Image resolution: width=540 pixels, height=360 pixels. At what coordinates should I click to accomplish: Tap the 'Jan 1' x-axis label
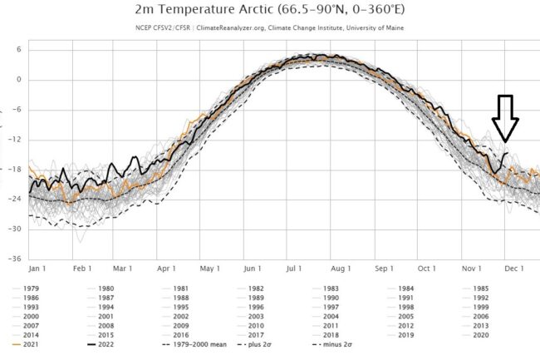tap(38, 269)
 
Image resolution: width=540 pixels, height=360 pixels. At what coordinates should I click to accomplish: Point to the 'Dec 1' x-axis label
tap(513, 269)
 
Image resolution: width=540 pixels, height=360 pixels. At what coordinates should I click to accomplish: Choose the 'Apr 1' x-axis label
tap(166, 269)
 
